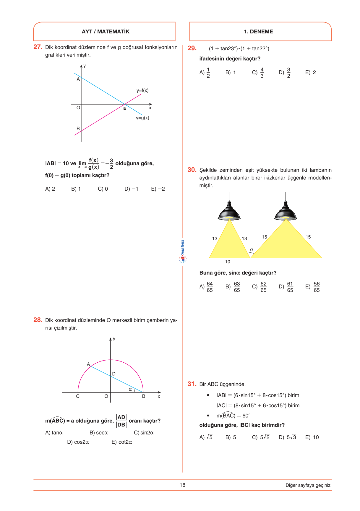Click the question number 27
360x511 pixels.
[x=38, y=47]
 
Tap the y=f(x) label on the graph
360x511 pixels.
[x=142, y=90]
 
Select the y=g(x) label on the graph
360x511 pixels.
[x=142, y=118]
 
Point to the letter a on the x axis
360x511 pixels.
[x=124, y=108]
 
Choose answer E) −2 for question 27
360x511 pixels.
[x=158, y=189]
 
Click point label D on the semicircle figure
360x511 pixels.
[x=114, y=374]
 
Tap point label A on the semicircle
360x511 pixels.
[x=88, y=364]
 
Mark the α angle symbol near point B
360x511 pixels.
[x=130, y=390]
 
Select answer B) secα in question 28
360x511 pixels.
[x=99, y=433]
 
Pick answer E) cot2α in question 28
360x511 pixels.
[x=122, y=442]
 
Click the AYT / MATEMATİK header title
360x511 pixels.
[x=106, y=32]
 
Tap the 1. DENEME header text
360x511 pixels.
[x=258, y=32]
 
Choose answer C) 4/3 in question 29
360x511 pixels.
[x=258, y=73]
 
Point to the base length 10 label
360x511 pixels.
[x=228, y=262]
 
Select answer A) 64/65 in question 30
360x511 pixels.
[x=206, y=287]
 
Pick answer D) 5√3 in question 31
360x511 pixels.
[x=287, y=437]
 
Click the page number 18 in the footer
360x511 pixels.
[x=182, y=485]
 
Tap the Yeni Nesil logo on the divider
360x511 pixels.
[x=183, y=252]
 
